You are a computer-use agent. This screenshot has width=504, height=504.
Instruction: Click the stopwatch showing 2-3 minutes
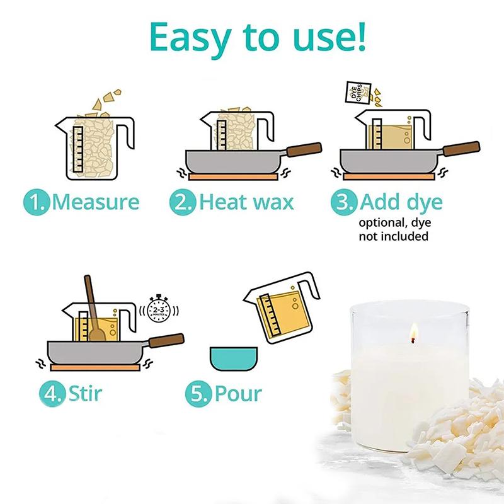[162, 310]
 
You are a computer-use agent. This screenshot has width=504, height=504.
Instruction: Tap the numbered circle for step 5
[197, 394]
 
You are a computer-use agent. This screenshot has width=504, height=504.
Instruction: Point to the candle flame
[414, 330]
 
